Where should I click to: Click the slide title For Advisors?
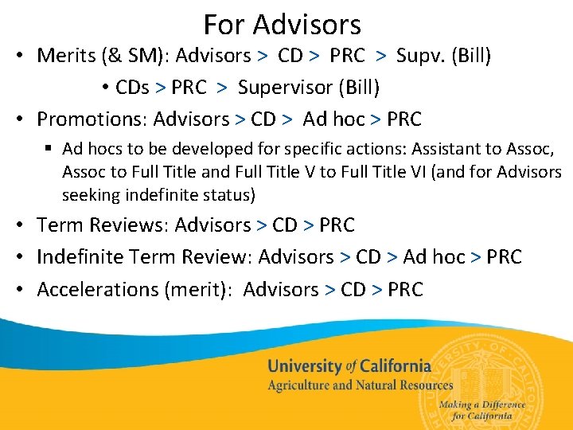point(282,25)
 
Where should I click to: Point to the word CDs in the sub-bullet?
point(132,87)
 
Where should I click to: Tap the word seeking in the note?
point(89,194)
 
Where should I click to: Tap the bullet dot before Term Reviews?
point(21,226)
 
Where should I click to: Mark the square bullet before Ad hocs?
point(49,149)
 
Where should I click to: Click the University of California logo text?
point(349,366)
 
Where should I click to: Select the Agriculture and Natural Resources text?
point(360,385)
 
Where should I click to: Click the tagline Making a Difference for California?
point(482,409)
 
